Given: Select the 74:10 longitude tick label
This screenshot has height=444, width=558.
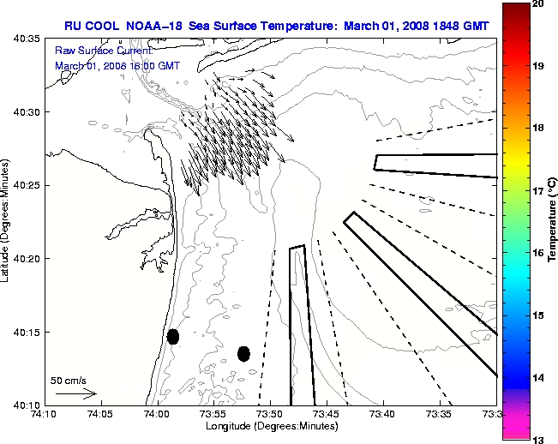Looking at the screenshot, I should coord(44,415).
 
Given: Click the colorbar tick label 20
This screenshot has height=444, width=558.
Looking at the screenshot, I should coord(538,4).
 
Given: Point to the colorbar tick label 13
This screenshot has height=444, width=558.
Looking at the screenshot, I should coord(538,439).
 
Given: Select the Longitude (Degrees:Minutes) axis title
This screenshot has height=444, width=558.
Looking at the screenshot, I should coord(270,426).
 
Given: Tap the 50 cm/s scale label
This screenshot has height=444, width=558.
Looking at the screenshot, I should coord(69,380).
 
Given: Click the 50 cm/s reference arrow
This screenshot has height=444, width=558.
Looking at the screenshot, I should coord(76,393).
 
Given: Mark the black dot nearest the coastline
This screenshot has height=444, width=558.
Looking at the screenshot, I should coord(173,336).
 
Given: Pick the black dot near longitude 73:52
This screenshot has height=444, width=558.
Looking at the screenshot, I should coord(243,353).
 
